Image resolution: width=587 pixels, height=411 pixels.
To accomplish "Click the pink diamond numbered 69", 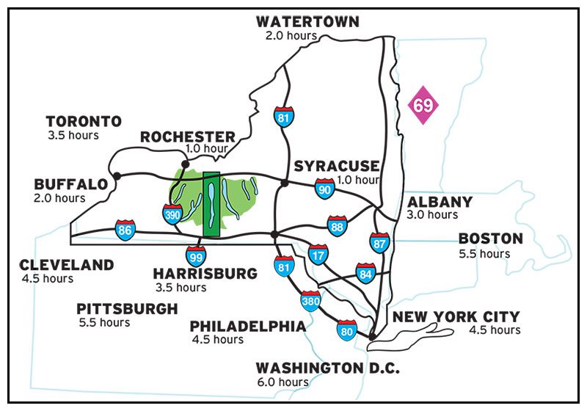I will pos(423,105).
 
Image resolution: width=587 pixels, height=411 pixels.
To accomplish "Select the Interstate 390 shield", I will pos(172,214).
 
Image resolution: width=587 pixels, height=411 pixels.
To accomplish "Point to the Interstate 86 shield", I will pos(125,230).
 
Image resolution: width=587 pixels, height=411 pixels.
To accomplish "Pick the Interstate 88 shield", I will pos(337,226).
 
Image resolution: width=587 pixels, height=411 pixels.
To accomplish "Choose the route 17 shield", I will pos(318,255).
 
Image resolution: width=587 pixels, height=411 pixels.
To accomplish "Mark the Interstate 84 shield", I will pos(365,273).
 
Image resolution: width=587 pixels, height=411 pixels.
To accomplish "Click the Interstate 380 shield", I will pos(310,300).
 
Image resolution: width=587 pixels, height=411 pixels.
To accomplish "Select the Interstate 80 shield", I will pos(347,330).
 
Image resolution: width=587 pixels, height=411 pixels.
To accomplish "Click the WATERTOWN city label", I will pos(307,21).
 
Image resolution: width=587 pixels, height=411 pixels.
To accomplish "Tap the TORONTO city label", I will pos(84,121).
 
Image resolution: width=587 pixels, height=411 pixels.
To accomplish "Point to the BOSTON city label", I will pos(491,239).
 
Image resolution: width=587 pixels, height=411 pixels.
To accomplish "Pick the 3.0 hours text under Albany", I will pos(432,215).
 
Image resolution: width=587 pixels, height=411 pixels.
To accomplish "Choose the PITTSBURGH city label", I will pos(127,308).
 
